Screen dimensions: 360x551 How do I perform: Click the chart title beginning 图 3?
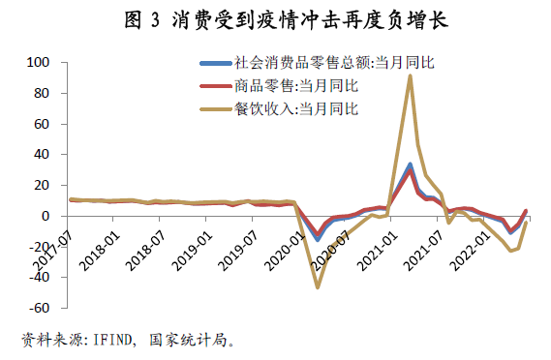coord(275,18)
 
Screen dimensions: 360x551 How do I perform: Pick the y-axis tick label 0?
coord(46,216)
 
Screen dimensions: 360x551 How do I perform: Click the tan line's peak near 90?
coord(410,76)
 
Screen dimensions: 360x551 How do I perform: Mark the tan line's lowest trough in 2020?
coord(317,287)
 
